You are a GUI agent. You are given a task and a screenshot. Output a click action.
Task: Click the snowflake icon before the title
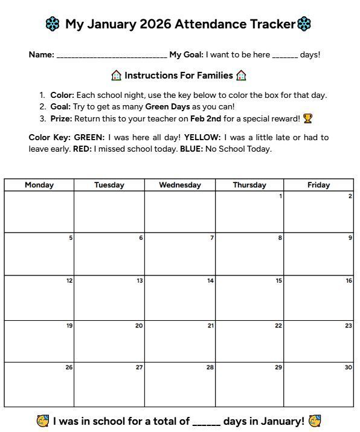point(53,24)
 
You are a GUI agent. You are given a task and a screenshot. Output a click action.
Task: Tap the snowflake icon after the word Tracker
point(304,24)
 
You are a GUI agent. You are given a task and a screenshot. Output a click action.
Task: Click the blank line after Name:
point(112,56)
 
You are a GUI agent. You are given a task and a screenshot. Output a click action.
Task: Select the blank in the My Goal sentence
point(284,56)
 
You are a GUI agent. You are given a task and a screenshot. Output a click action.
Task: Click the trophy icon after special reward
point(307,118)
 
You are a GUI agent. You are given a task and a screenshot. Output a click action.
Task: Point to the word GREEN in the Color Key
point(89,138)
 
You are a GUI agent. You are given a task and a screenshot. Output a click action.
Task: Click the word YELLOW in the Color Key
point(202,138)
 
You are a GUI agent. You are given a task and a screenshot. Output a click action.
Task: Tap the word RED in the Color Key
point(82,149)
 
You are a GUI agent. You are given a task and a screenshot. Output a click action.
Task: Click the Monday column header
point(39,185)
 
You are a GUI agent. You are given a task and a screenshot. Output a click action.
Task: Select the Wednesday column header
point(180,185)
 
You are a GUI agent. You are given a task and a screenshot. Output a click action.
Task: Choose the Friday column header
point(318,185)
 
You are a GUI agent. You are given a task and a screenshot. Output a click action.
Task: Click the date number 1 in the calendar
point(280,196)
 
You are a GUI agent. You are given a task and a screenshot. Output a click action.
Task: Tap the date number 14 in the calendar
point(210,280)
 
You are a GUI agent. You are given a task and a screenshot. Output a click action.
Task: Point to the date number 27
point(140,367)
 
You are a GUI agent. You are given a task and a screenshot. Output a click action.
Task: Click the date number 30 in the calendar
point(349,367)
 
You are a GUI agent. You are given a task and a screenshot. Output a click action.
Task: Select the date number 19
point(69,326)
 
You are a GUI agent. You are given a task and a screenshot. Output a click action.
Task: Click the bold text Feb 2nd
point(205,118)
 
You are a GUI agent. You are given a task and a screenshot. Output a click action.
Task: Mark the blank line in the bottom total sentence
point(207,422)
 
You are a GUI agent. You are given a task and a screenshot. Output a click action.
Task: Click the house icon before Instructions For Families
point(117,76)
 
